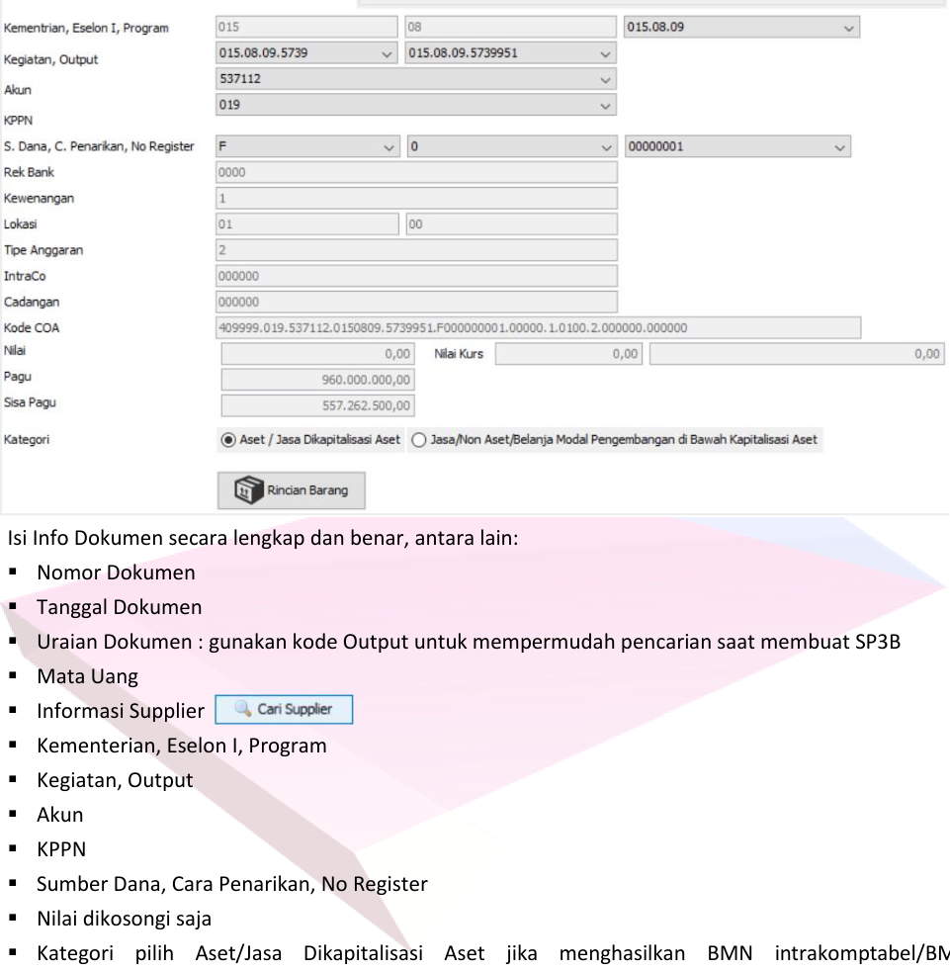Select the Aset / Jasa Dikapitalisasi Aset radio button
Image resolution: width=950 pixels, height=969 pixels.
coord(228,440)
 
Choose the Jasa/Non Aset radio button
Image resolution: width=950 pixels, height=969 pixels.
coord(417,440)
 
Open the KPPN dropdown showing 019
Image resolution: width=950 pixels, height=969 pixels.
coord(416,102)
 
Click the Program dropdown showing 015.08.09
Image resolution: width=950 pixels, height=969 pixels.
coord(742,28)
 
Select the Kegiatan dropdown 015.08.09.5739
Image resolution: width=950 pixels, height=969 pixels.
coord(307,53)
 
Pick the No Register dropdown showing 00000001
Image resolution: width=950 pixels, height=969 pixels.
coord(737,147)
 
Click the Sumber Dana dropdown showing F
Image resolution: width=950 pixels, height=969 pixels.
coord(307,147)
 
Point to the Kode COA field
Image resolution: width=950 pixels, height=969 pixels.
coord(539,327)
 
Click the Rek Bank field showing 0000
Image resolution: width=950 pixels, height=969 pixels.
coord(416,173)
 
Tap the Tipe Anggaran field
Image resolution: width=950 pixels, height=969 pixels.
coord(416,250)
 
